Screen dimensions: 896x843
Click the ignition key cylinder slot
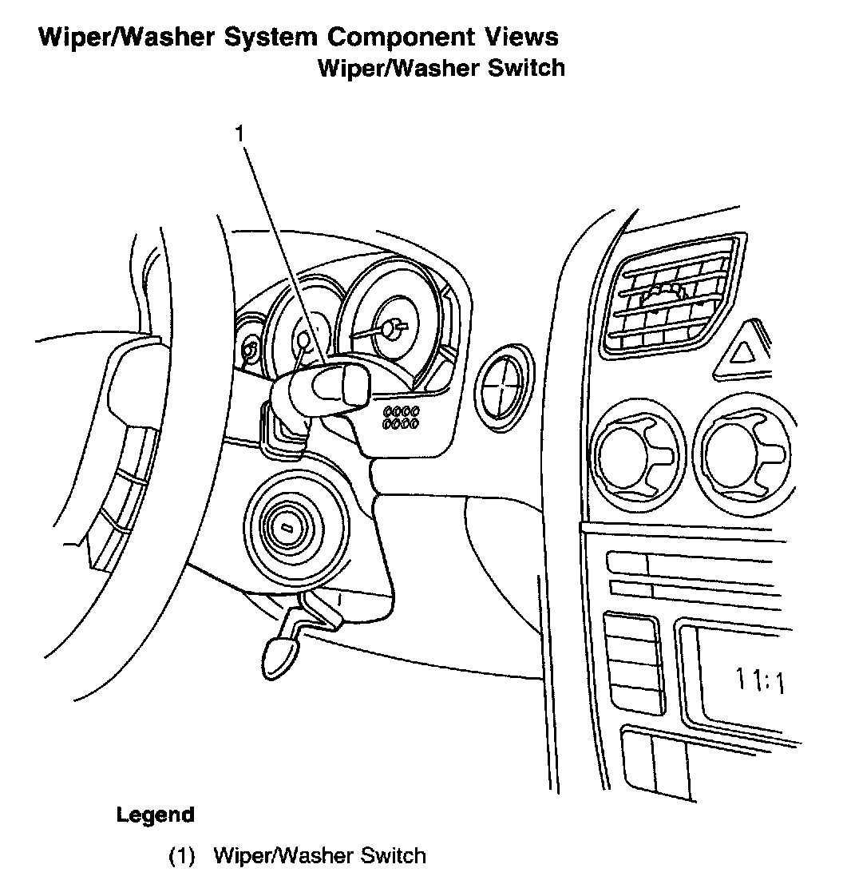coord(285,527)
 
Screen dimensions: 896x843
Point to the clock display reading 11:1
coord(759,681)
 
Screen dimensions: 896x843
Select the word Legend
coord(156,815)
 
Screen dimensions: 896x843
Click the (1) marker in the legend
coord(182,856)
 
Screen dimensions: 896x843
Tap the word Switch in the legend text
coord(394,856)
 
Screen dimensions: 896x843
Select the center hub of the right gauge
coord(390,328)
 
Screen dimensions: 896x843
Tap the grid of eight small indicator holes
coord(401,416)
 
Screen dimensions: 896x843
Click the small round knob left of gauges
coord(250,350)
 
